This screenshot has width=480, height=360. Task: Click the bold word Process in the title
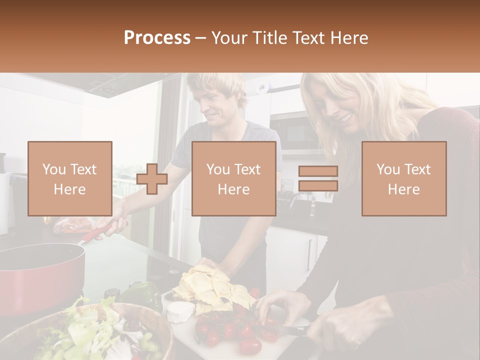click(x=157, y=38)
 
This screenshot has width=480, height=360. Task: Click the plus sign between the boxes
click(x=152, y=179)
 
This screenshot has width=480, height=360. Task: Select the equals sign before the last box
click(x=318, y=179)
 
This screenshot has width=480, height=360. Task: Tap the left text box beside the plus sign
click(x=70, y=179)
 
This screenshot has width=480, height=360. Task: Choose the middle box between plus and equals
click(x=234, y=179)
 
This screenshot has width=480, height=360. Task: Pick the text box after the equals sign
click(x=404, y=179)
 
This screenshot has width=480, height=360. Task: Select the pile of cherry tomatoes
click(x=230, y=330)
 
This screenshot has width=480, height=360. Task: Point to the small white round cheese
click(x=180, y=311)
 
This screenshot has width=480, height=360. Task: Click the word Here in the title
click(x=350, y=38)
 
